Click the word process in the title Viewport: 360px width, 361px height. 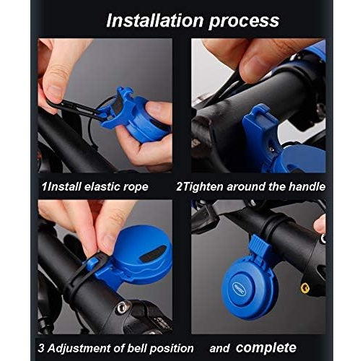click(x=245, y=19)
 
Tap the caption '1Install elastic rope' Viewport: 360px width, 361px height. click(x=94, y=186)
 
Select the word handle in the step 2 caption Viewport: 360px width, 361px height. click(x=305, y=186)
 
